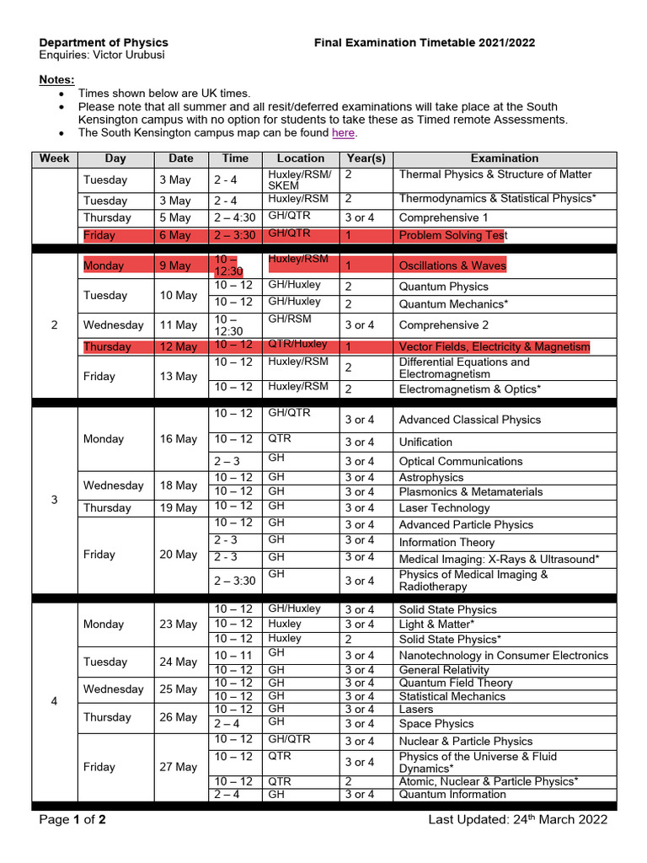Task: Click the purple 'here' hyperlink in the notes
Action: tap(343, 132)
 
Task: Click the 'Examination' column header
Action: tap(504, 158)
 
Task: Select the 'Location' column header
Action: tap(300, 158)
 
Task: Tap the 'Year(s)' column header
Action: tap(366, 158)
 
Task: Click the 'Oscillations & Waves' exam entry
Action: tap(452, 265)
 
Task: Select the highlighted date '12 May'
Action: tap(174, 346)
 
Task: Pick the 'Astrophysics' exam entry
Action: tap(431, 477)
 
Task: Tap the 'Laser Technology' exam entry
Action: tap(444, 508)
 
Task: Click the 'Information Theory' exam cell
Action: tap(446, 543)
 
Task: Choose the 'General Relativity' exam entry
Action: tap(444, 670)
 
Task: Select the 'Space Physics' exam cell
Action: tap(436, 723)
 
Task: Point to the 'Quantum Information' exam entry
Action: tap(452, 794)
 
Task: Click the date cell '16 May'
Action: tap(178, 439)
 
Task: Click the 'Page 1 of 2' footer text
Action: tap(73, 819)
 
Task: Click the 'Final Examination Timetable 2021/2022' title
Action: tap(425, 42)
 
